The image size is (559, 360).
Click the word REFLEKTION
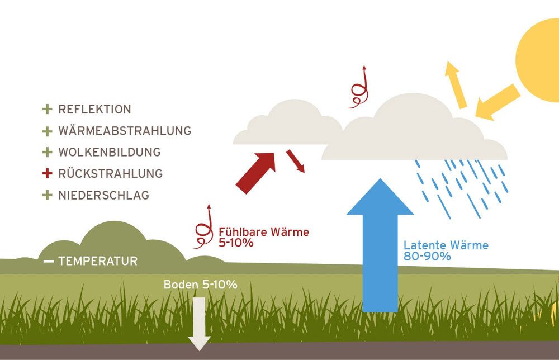(x=95, y=109)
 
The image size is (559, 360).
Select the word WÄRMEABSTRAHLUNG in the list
(x=125, y=130)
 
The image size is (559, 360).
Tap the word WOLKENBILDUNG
(x=110, y=152)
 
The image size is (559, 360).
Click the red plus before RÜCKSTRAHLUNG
(x=47, y=174)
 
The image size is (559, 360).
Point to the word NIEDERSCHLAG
(x=104, y=195)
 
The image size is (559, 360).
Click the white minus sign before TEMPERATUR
(x=49, y=261)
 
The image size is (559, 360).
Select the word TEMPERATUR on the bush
(x=98, y=261)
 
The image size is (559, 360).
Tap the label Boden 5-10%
(x=200, y=285)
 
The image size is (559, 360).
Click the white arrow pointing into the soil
(x=200, y=324)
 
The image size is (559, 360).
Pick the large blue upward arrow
(x=380, y=246)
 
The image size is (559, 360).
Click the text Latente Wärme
(x=446, y=245)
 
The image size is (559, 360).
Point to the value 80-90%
(x=427, y=256)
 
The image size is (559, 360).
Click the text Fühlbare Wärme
(x=264, y=232)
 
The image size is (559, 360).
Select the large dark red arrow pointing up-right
(x=256, y=173)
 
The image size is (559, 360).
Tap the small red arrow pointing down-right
(x=296, y=161)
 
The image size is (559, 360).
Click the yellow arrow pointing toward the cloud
(x=498, y=102)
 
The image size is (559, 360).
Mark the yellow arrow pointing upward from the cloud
(x=456, y=85)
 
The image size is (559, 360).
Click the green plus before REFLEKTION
(x=47, y=109)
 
